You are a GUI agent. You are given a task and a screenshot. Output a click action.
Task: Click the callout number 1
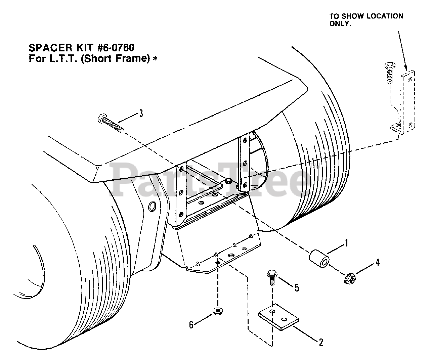[x=346, y=242]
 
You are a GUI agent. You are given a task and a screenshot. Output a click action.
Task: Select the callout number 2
[x=321, y=342]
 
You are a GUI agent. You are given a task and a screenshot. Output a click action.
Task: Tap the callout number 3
[x=141, y=113]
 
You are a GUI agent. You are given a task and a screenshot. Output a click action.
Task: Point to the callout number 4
[x=377, y=262]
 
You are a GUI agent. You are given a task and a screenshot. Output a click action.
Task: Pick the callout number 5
[x=297, y=287]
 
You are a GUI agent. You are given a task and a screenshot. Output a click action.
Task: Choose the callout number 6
[x=191, y=325]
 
